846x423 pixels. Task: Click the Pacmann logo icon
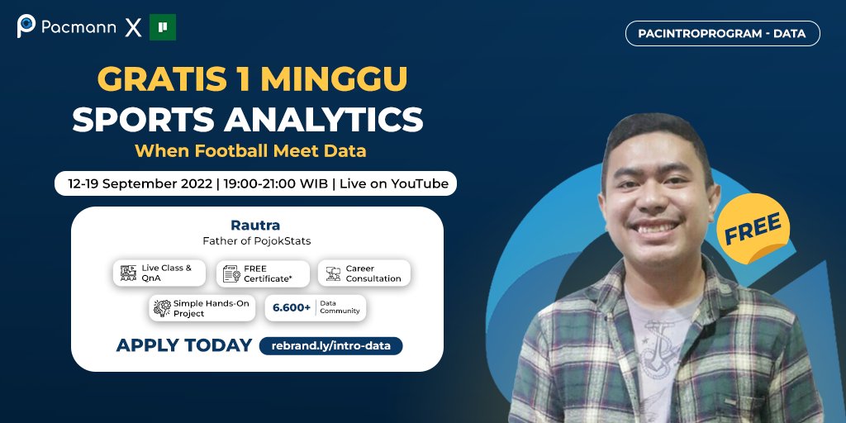coord(26,26)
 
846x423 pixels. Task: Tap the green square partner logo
coord(163,27)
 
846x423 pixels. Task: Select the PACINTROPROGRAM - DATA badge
coord(723,33)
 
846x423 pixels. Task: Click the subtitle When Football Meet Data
coord(250,151)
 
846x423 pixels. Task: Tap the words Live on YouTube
coord(394,183)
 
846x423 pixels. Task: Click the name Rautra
coord(256,225)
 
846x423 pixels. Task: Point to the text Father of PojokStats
coord(256,241)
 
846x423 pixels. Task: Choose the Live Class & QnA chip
coord(159,273)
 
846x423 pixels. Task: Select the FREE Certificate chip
coord(263,273)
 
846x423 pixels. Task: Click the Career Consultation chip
coord(364,273)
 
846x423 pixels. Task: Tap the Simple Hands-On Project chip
coord(202,308)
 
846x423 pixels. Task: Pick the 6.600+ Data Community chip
coord(315,308)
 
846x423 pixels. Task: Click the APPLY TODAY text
coord(183,345)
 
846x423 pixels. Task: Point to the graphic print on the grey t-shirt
coord(660,347)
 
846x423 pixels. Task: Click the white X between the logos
coord(133,28)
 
